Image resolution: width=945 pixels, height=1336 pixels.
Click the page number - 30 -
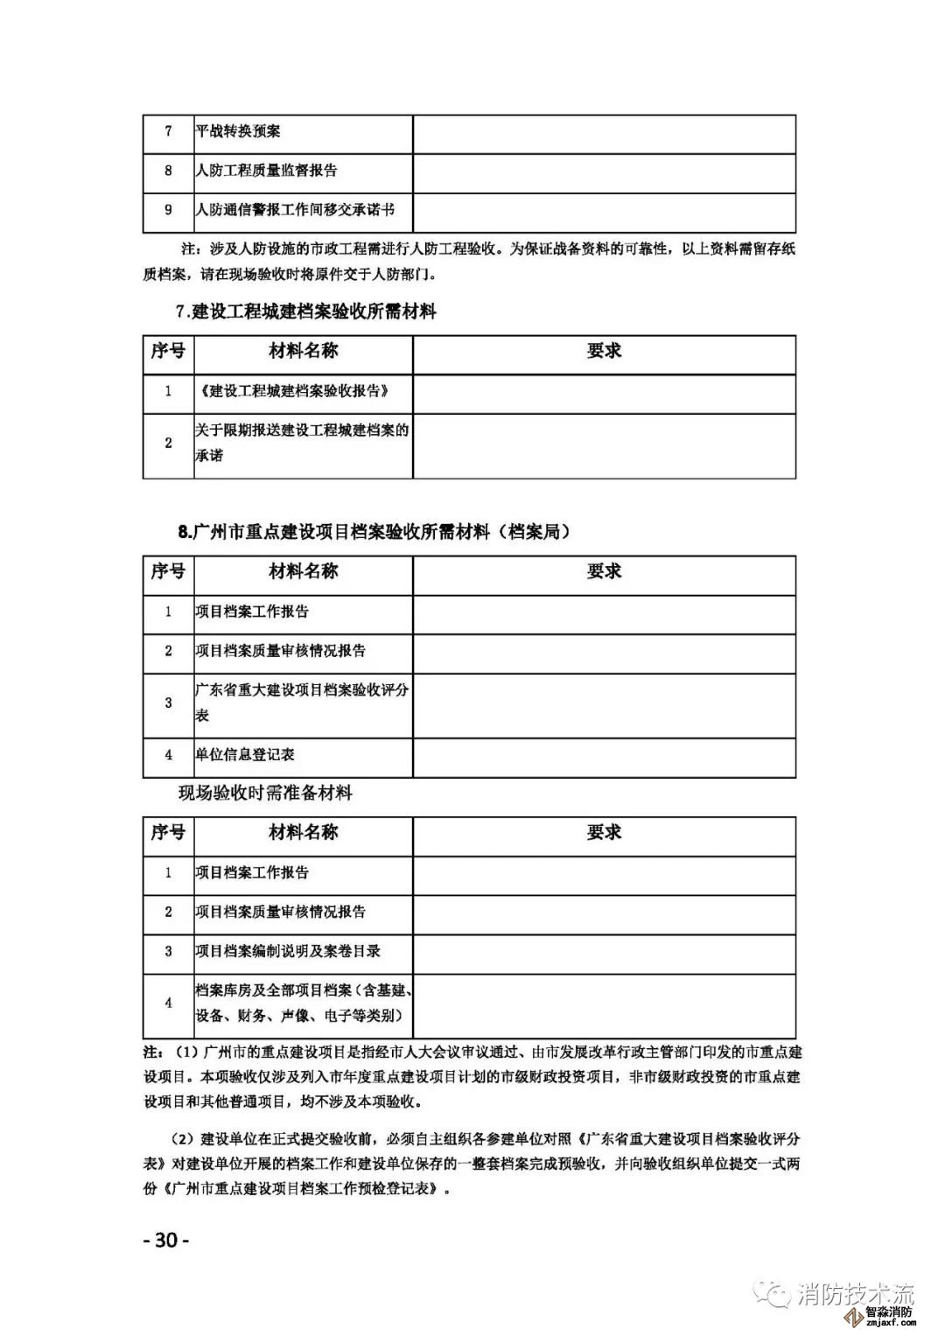[165, 1241]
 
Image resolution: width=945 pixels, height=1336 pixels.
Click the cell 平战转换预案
[238, 131]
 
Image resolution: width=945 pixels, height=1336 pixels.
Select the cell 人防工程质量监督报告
[266, 171]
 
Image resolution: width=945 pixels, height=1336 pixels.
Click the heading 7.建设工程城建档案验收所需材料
[306, 311]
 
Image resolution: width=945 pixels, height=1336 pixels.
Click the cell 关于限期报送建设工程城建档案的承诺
[301, 443]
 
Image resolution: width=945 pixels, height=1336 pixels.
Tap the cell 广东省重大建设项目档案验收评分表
[301, 702]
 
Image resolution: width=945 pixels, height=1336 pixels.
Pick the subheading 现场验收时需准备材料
[265, 794]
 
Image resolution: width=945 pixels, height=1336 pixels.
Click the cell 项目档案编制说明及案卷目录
[288, 951]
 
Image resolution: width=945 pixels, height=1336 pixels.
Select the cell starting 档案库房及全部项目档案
[303, 1003]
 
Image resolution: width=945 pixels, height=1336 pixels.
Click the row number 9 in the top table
[169, 210]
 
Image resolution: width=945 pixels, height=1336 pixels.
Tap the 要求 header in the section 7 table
[604, 351]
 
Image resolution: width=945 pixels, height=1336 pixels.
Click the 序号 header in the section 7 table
[169, 351]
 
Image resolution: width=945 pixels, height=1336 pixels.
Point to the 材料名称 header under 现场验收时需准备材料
[303, 832]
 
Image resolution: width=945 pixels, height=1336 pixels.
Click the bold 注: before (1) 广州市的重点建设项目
[153, 1050]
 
